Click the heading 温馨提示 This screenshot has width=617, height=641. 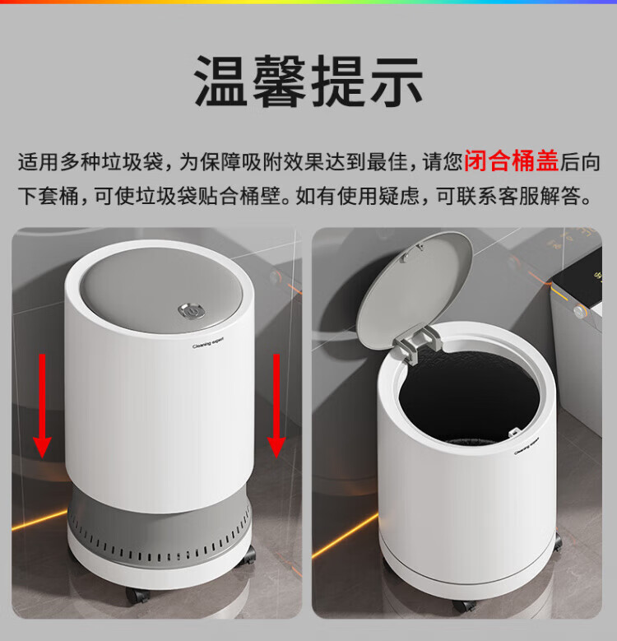(x=308, y=81)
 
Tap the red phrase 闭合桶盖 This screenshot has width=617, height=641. (x=511, y=161)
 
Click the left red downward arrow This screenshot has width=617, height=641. (x=42, y=406)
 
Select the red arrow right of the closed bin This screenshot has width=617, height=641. (x=276, y=406)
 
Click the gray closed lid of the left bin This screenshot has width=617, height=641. (x=161, y=290)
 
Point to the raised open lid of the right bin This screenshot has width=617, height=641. (x=414, y=290)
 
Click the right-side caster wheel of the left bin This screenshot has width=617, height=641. (x=247, y=555)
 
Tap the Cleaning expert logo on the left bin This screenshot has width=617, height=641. (x=208, y=343)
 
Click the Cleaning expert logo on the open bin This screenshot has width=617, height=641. (x=527, y=446)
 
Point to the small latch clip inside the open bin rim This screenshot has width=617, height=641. (x=514, y=432)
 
